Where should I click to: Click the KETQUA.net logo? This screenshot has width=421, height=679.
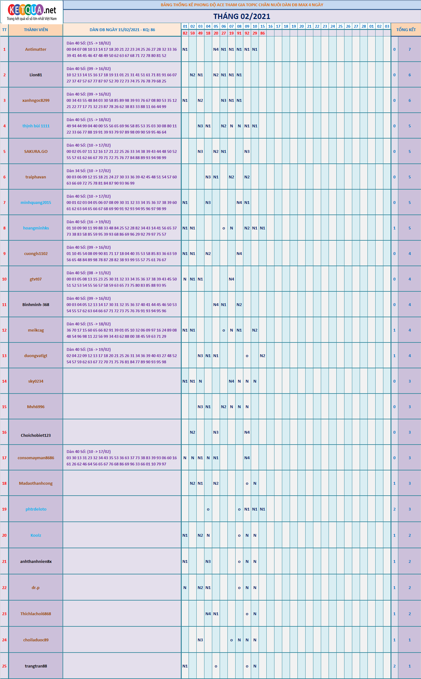pos(32,12)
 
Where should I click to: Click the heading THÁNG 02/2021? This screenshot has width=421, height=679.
pos(241,17)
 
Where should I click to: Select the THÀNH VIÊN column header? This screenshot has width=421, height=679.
pos(36,30)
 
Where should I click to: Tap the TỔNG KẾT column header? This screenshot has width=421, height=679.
pos(406,30)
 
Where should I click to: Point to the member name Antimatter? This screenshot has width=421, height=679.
pos(36,50)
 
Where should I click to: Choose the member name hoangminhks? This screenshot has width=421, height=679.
pos(36,228)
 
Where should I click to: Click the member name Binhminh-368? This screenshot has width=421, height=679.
pos(36,305)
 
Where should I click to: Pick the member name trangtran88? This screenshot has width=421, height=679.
pos(36,666)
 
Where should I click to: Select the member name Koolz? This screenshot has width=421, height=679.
pos(36,535)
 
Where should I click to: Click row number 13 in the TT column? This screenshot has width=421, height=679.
pos(4,356)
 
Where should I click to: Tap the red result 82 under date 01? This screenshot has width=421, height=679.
pos(185,33)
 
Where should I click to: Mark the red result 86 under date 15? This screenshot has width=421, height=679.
pos(263,33)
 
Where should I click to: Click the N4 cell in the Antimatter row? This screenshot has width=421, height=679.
pos(216,50)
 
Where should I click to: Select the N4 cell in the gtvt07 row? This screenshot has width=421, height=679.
pos(232,279)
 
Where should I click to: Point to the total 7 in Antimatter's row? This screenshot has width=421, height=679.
pos(409,50)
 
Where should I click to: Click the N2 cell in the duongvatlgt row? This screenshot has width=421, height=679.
pos(263,356)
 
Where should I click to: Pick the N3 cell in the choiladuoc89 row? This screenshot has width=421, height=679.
pos(200,640)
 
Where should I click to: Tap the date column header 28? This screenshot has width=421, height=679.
pos(364,26)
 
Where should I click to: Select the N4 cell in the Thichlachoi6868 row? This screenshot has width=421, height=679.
pos(208,614)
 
